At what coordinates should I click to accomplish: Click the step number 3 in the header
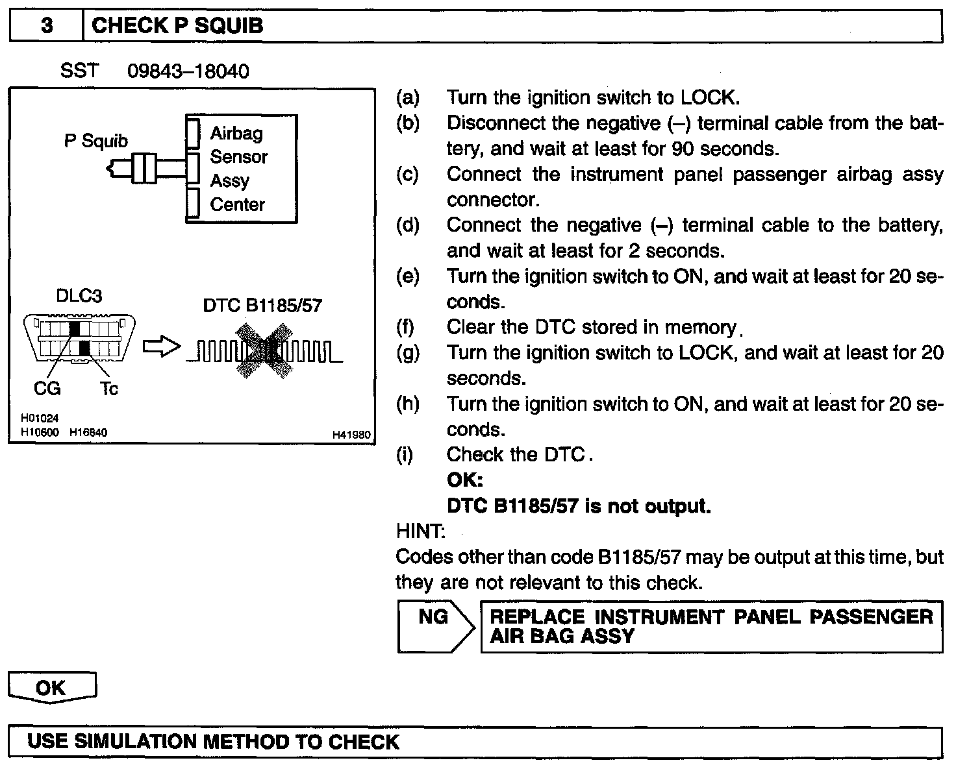[x=47, y=26]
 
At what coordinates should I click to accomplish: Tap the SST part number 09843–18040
[x=188, y=71]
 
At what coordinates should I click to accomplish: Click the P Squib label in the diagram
[x=96, y=141]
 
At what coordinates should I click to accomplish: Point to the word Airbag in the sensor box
[x=236, y=133]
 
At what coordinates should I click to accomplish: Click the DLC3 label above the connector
[x=79, y=296]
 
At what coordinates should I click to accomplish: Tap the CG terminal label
[x=47, y=388]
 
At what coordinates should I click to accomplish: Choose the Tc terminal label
[x=109, y=389]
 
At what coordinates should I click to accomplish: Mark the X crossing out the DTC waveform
[x=263, y=350]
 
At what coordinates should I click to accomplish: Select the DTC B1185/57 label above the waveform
[x=262, y=305]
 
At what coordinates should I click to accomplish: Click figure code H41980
[x=351, y=435]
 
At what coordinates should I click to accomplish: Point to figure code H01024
[x=40, y=419]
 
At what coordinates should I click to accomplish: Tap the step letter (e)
[x=408, y=276]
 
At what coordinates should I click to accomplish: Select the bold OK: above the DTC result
[x=465, y=480]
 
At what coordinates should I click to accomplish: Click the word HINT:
[x=420, y=531]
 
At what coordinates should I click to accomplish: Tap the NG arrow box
[x=434, y=626]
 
